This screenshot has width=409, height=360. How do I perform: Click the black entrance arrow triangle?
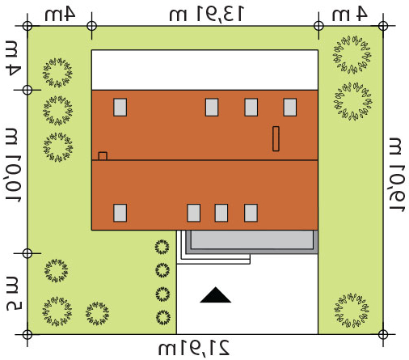tap(215, 295)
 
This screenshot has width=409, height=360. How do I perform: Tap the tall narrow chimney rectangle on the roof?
tap(276, 138)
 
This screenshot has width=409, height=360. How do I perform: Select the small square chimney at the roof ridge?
tap(103, 156)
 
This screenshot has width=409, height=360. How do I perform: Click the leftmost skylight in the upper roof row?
tap(120, 108)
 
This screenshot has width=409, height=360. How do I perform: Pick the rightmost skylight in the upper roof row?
tap(290, 108)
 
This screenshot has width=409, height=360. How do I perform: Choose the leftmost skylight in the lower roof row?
tap(120, 213)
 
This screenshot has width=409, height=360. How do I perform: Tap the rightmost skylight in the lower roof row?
tap(251, 213)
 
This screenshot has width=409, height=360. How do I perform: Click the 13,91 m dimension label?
tap(207, 14)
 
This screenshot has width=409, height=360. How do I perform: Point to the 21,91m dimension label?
tap(194, 348)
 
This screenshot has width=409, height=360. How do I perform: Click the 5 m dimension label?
tap(14, 290)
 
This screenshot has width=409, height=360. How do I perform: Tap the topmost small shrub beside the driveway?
tap(162, 247)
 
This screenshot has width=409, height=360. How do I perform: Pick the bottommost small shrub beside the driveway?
tap(163, 317)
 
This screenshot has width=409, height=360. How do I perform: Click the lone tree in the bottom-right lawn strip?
tap(352, 311)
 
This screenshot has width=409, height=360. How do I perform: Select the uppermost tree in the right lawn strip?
tap(352, 54)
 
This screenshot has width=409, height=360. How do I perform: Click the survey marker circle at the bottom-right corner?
tap(383, 335)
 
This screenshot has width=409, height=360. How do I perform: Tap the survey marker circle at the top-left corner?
tap(27, 27)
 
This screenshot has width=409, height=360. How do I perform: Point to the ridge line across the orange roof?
tap(204, 160)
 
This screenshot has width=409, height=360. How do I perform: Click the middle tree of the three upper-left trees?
tap(57, 111)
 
